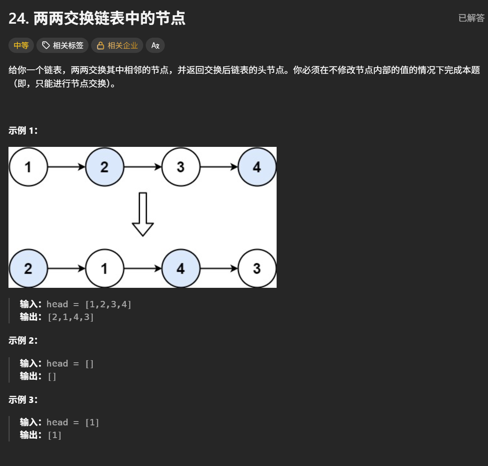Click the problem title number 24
click(x=18, y=19)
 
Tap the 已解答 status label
click(x=471, y=18)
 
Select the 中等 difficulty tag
click(x=21, y=45)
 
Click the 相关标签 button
click(x=63, y=45)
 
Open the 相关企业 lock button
click(x=117, y=45)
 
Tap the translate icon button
click(x=155, y=45)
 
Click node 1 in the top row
click(x=28, y=167)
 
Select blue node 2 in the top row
click(x=105, y=167)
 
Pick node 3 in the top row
click(x=181, y=167)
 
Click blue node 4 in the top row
click(x=257, y=167)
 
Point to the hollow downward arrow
click(x=143, y=214)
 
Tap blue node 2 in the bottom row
click(x=28, y=268)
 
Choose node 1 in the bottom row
click(x=105, y=268)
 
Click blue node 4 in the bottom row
click(x=181, y=268)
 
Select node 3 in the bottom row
click(x=257, y=268)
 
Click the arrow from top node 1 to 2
click(x=67, y=167)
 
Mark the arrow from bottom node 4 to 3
click(x=219, y=268)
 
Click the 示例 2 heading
click(x=23, y=340)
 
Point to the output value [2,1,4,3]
click(x=71, y=317)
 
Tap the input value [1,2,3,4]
click(x=108, y=304)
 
